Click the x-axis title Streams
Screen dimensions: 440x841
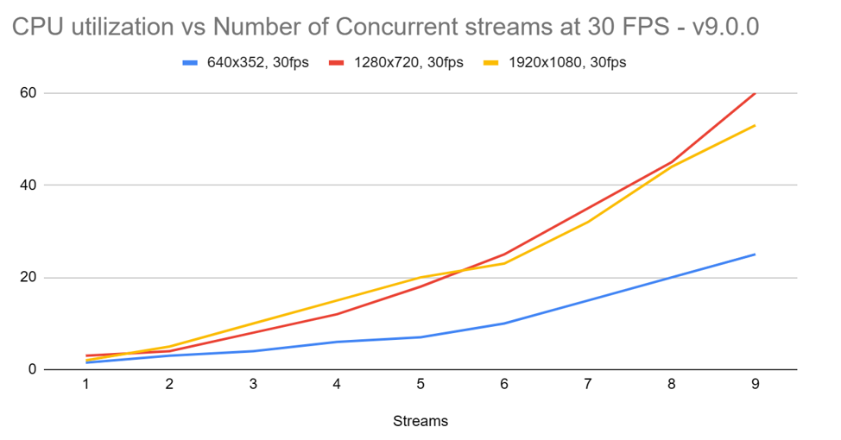coord(420,421)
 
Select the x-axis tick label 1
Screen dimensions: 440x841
coord(86,385)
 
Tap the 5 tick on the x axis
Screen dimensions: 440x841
coord(420,385)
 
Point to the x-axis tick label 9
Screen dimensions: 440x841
coord(755,385)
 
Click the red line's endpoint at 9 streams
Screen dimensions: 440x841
coord(755,93)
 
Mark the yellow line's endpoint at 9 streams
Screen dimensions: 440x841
coord(755,125)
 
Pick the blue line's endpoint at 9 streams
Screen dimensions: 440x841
coord(755,255)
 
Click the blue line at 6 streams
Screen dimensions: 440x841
coord(504,324)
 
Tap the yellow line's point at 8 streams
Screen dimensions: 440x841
coord(671,167)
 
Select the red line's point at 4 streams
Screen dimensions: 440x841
coord(337,314)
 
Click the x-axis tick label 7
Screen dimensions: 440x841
coord(588,385)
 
